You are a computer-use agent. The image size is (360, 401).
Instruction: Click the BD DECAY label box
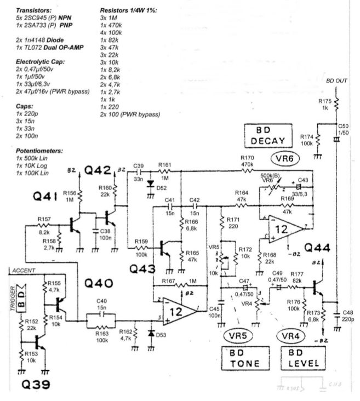tap(265, 135)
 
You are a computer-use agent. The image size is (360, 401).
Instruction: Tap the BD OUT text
tap(337, 81)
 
